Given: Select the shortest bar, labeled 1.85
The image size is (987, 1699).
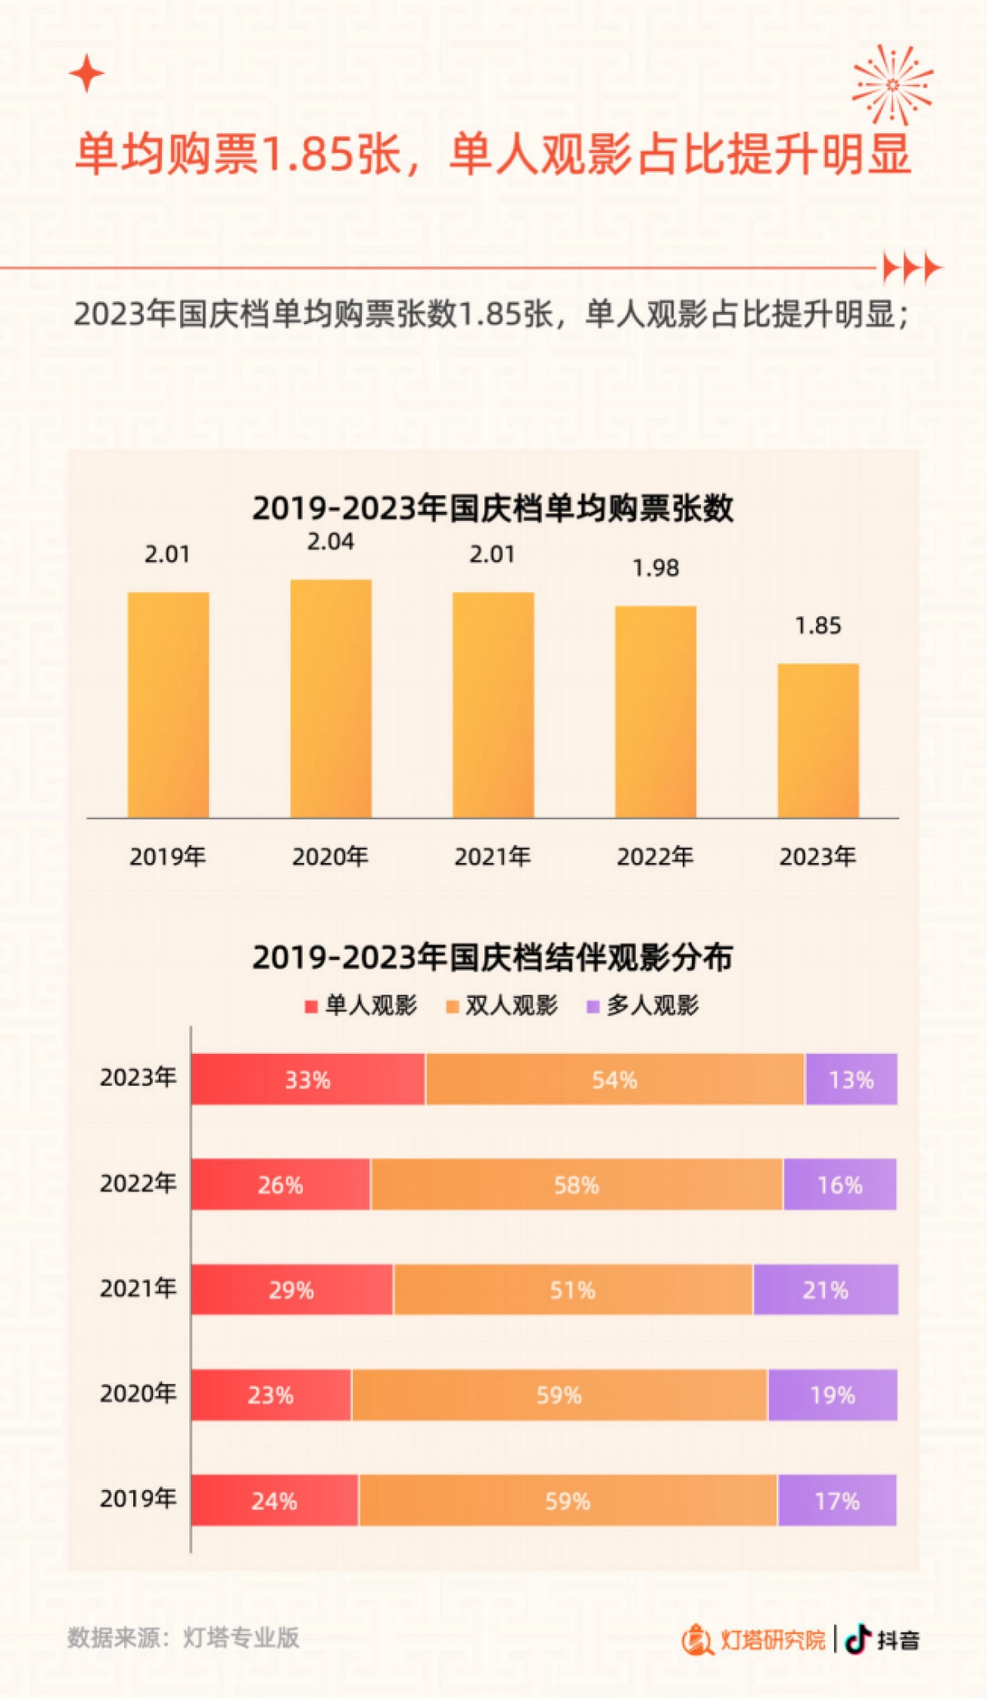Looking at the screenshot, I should click(x=818, y=740).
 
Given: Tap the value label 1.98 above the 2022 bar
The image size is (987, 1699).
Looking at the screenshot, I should click(x=656, y=568).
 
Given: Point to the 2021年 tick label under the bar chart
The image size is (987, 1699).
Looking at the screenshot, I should click(x=492, y=856).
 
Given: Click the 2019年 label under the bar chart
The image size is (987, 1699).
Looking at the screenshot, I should click(x=167, y=856).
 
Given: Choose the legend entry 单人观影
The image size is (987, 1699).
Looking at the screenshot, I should click(x=361, y=1005).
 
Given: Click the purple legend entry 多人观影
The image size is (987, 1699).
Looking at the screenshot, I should click(x=642, y=1005).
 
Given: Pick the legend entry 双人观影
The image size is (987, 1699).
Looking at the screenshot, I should click(x=502, y=1005).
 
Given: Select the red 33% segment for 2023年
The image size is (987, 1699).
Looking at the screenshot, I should click(x=308, y=1079).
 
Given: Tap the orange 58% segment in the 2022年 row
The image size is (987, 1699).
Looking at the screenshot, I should click(x=576, y=1184).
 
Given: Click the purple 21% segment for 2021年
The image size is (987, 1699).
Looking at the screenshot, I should click(x=825, y=1289).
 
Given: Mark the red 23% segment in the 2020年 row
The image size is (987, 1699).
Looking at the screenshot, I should click(x=271, y=1395).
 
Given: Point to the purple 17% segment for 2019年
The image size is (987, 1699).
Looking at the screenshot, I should click(x=836, y=1500).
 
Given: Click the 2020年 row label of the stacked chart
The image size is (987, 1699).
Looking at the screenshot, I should click(x=138, y=1393).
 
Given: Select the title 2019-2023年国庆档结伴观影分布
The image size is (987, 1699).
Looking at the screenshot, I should click(x=492, y=957).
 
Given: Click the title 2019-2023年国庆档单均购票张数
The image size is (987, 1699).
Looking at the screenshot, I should click(x=492, y=508).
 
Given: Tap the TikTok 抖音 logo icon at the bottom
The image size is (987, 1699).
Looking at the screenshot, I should click(x=859, y=1639).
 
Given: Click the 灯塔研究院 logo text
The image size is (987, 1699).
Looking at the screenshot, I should click(x=772, y=1640).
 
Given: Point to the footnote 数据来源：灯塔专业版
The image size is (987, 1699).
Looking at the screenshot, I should click(x=183, y=1637).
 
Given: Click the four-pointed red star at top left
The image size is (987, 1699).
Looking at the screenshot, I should click(x=86, y=74).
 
